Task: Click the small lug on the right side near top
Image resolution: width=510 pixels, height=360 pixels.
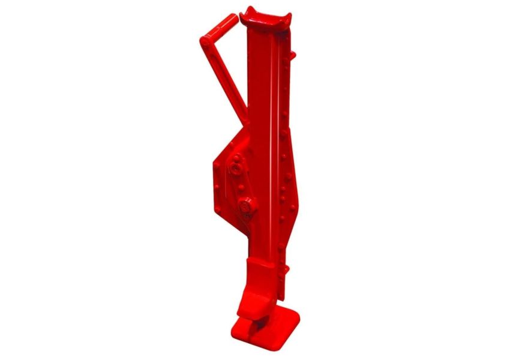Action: point(293,56)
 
